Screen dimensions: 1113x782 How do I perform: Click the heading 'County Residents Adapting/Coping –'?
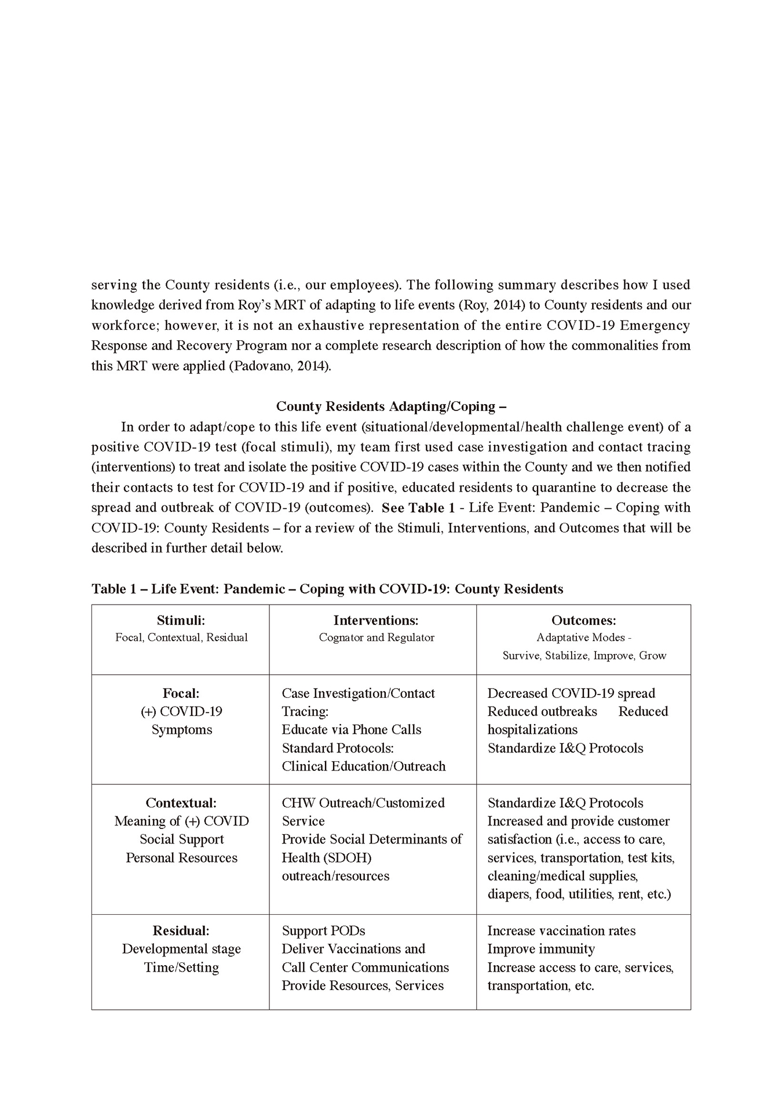(391, 406)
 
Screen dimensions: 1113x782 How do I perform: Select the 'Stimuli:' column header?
(181, 620)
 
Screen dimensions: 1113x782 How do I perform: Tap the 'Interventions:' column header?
(376, 620)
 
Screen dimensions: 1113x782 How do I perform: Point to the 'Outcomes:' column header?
(583, 620)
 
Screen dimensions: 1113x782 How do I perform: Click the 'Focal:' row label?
(181, 693)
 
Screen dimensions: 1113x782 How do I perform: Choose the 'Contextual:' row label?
(181, 803)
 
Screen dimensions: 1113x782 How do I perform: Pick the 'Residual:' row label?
(181, 930)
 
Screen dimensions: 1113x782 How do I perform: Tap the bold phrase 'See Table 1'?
(418, 508)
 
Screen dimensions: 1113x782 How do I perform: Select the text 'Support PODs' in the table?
(323, 930)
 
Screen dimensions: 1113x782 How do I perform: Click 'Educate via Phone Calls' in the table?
(351, 730)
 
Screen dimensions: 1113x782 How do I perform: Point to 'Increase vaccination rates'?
(561, 930)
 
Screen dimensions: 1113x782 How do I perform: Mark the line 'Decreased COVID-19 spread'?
(571, 693)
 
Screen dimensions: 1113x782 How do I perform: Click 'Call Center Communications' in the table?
(365, 967)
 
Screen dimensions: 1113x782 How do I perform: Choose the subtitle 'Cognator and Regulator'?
(377, 638)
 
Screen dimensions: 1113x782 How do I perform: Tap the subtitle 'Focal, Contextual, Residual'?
(181, 638)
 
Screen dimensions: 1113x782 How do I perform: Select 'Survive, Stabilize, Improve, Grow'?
(584, 656)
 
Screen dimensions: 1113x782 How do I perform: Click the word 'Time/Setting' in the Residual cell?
(181, 967)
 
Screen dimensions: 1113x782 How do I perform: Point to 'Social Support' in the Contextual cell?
(181, 839)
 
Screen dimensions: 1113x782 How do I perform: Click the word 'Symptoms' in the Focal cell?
(181, 730)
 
